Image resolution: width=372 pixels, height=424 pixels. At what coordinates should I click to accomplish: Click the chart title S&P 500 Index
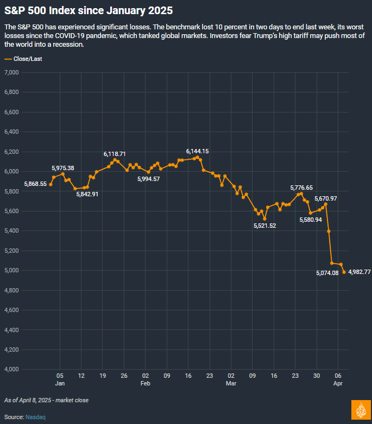(x=90, y=11)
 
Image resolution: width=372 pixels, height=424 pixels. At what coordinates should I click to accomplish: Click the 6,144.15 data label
(x=197, y=151)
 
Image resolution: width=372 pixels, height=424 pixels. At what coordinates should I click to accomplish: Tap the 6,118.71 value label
(x=115, y=154)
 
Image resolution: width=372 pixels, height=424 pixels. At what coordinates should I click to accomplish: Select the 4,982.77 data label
(x=359, y=272)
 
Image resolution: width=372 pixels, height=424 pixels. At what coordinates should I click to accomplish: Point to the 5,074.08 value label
(x=327, y=273)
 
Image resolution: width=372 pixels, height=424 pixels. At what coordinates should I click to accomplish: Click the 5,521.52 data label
(x=264, y=226)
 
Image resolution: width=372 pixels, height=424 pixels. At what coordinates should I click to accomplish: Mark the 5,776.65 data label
(x=301, y=188)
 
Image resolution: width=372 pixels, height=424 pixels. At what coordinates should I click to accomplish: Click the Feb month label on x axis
(x=145, y=384)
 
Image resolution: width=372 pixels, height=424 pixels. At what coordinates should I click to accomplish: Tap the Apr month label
(x=338, y=384)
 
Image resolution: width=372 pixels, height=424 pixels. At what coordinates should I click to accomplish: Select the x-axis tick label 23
(x=210, y=376)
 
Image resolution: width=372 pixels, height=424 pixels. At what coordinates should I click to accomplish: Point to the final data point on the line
(x=344, y=272)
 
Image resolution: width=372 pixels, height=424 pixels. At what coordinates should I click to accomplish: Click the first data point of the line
(x=51, y=184)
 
